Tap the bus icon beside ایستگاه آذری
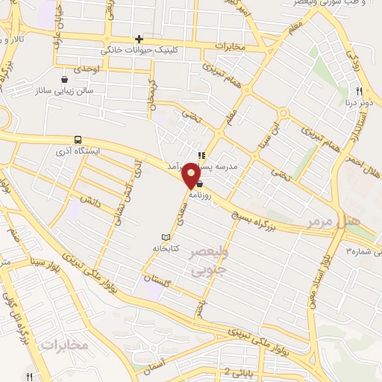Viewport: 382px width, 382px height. click(x=78, y=140)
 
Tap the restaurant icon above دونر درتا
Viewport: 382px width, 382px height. click(x=359, y=93)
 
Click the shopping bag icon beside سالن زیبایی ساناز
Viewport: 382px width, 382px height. click(x=65, y=78)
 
